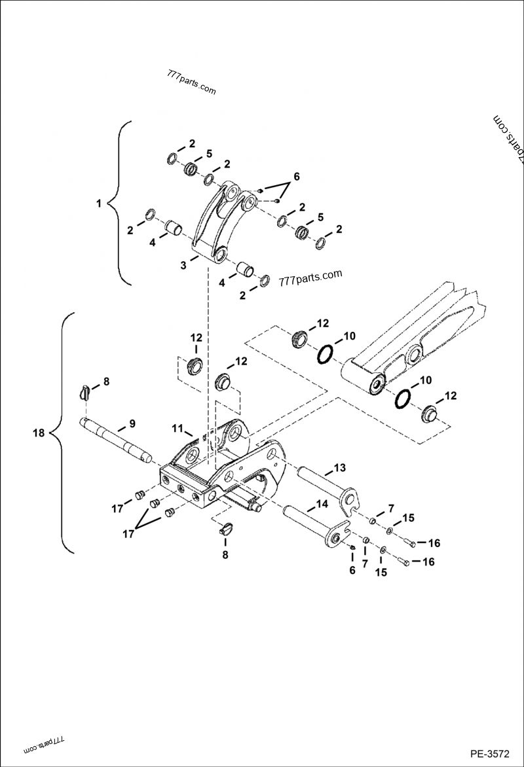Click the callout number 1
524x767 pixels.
pyautogui.click(x=99, y=204)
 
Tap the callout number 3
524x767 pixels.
pyautogui.click(x=185, y=265)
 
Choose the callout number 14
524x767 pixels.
pyautogui.click(x=322, y=505)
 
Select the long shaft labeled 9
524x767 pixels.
pyautogui.click(x=118, y=442)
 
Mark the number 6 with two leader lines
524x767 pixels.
pyautogui.click(x=295, y=177)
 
